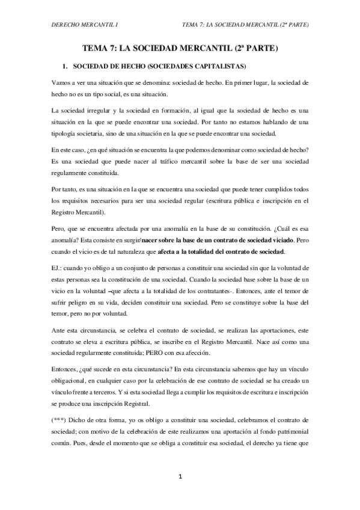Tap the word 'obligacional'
click(x=71, y=382)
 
